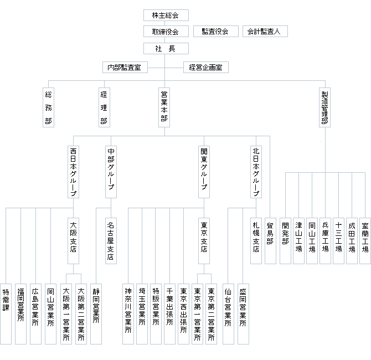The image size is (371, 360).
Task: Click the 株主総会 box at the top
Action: pos(166,16)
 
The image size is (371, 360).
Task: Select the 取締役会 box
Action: pos(166,32)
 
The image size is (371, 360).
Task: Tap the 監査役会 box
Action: pos(216,32)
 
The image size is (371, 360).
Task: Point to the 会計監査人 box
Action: pos(265,32)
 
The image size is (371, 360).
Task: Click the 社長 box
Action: pos(166,49)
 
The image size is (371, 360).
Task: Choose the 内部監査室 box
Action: pos(125,68)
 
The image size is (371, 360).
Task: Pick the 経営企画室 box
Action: pos(206,68)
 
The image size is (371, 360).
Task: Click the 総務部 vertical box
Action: pos(48,107)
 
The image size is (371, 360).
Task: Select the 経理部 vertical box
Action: pos(104,107)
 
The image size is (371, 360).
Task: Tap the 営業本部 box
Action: pos(164,107)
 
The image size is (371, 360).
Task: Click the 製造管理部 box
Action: pos(324,107)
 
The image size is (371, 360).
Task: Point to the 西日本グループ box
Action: pos(73,172)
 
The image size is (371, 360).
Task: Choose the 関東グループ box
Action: pos(204,172)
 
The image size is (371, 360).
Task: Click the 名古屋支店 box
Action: pos(111,241)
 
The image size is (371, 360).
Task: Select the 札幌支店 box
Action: pos(256,241)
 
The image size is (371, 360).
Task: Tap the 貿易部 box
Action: pos(270,241)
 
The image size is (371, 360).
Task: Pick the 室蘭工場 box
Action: pos(365,241)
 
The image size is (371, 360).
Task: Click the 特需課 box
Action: pos(6,314)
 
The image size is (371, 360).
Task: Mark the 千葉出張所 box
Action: pos(169,314)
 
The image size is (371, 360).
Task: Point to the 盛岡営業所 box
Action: pos(243,314)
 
